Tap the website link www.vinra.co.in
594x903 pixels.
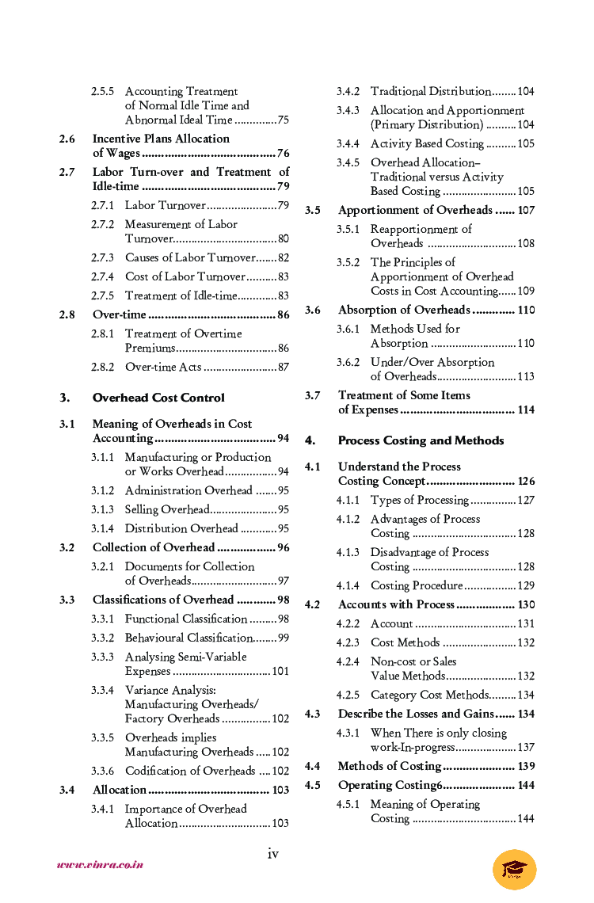pyautogui.click(x=100, y=865)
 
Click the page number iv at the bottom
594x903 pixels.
pyautogui.click(x=272, y=853)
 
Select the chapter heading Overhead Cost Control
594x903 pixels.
pyautogui.click(x=158, y=398)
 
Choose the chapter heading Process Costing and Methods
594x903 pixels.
pyautogui.click(x=421, y=440)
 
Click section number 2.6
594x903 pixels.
pyautogui.click(x=67, y=139)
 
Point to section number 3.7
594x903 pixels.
pyautogui.click(x=313, y=395)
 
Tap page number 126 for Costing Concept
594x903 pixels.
pyautogui.click(x=526, y=481)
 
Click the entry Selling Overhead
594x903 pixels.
pyautogui.click(x=167, y=509)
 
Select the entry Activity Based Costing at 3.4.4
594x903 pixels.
pyautogui.click(x=427, y=143)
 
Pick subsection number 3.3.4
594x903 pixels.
pyautogui.click(x=102, y=690)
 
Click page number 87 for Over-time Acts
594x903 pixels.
pyautogui.click(x=283, y=367)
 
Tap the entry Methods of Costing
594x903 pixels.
pyautogui.click(x=389, y=766)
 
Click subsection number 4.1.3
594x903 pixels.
pyautogui.click(x=348, y=552)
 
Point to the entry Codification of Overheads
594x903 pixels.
pyautogui.click(x=190, y=771)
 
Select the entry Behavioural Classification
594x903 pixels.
pyautogui.click(x=188, y=638)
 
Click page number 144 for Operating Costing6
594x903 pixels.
pyautogui.click(x=526, y=785)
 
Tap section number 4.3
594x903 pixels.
pyautogui.click(x=313, y=714)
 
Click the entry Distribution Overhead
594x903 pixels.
pyautogui.click(x=181, y=528)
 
